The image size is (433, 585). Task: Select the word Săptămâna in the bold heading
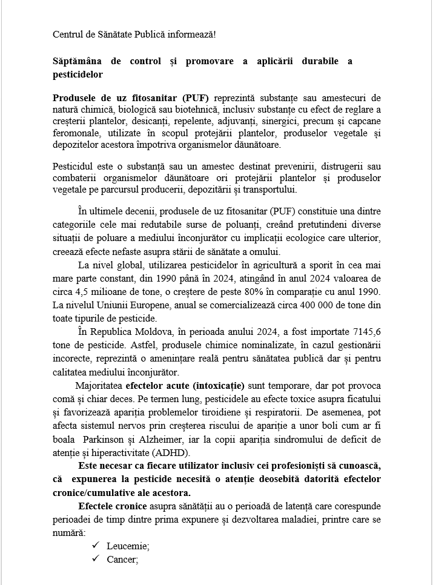click(x=76, y=62)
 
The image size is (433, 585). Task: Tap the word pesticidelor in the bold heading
click(x=78, y=76)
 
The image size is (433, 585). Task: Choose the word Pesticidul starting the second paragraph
click(x=74, y=167)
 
